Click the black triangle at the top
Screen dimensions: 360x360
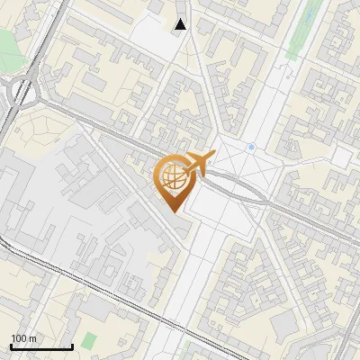[x=181, y=24]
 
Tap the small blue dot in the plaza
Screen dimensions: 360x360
[x=252, y=147]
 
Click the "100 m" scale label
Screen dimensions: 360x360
[x=24, y=339]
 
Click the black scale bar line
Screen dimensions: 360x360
[x=41, y=347]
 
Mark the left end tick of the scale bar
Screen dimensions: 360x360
[x=11, y=346]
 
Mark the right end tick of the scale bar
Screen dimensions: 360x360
[x=72, y=346]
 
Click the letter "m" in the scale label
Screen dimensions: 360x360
[x=33, y=339]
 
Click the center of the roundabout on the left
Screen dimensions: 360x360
[x=24, y=92]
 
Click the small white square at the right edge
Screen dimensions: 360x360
[x=340, y=157]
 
